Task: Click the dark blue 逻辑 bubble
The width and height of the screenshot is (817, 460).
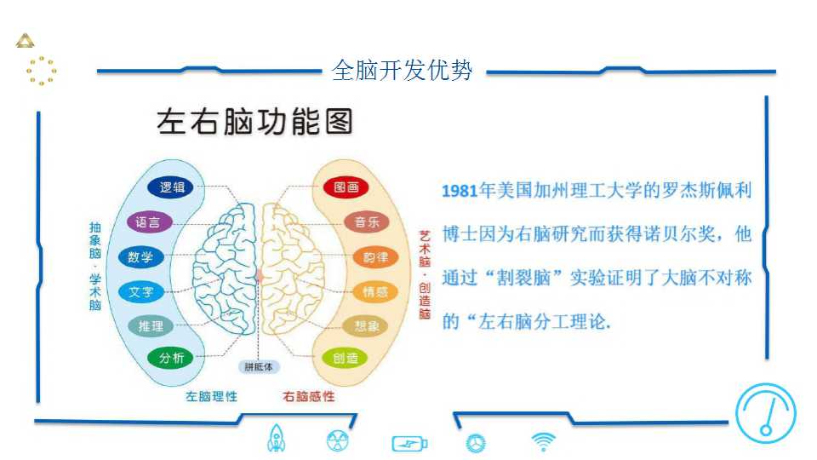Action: click(x=171, y=187)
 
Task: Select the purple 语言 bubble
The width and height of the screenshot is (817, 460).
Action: click(x=149, y=222)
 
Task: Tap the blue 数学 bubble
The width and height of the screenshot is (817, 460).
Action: click(x=140, y=257)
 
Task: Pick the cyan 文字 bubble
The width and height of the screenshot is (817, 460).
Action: click(x=140, y=292)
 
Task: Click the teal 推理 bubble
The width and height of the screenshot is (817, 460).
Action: click(x=151, y=326)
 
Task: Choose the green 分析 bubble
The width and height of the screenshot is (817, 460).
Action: click(x=171, y=358)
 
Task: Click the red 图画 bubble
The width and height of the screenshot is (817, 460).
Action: click(x=346, y=187)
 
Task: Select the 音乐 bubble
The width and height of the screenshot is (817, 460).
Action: click(x=366, y=222)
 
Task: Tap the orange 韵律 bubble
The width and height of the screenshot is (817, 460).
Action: click(x=375, y=257)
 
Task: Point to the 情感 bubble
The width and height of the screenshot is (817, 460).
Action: click(x=375, y=292)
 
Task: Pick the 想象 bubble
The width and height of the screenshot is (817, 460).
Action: click(x=366, y=326)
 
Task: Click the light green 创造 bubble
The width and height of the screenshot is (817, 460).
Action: click(x=345, y=358)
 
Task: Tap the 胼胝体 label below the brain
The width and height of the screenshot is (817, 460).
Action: click(x=259, y=367)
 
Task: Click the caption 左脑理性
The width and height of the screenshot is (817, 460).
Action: click(x=212, y=396)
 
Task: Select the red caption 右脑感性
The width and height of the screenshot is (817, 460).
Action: click(x=309, y=396)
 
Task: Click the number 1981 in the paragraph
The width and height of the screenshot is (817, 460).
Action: click(x=460, y=191)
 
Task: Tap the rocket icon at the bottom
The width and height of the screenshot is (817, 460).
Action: click(x=276, y=438)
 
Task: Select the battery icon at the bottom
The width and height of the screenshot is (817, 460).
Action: click(x=409, y=444)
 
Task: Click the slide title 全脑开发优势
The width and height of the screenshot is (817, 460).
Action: click(x=403, y=71)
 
